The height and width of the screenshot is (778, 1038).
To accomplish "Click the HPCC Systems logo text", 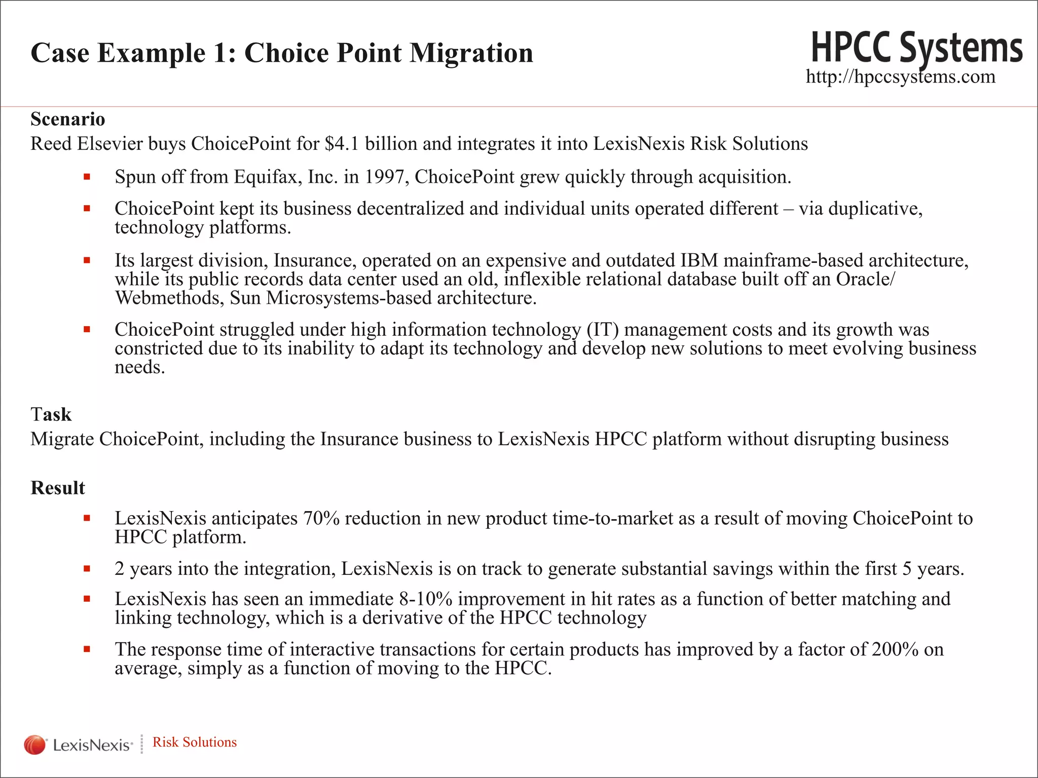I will [x=916, y=48].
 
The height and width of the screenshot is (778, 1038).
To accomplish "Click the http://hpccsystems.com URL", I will [x=900, y=77].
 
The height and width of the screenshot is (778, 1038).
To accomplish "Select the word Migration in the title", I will [x=471, y=53].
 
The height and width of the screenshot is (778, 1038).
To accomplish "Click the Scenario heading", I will [x=67, y=120].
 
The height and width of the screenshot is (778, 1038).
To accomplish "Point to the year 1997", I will [x=387, y=177].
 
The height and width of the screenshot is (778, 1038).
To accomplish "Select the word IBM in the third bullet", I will [x=699, y=260].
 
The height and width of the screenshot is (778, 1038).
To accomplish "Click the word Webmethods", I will [x=169, y=298].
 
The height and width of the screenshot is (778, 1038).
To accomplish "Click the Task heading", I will [x=51, y=414].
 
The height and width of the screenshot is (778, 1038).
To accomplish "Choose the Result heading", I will [x=58, y=488].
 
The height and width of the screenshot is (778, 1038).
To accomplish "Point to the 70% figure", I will [x=321, y=519].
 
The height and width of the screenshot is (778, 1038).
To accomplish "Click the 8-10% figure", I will [x=425, y=599].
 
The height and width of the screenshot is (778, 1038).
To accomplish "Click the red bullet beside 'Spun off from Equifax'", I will [x=87, y=177].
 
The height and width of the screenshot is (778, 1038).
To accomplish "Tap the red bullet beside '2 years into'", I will [x=87, y=569].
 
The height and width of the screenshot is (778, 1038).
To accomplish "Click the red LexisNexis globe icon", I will [x=34, y=745].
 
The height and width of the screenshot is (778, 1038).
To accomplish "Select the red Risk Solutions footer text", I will [x=195, y=742].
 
